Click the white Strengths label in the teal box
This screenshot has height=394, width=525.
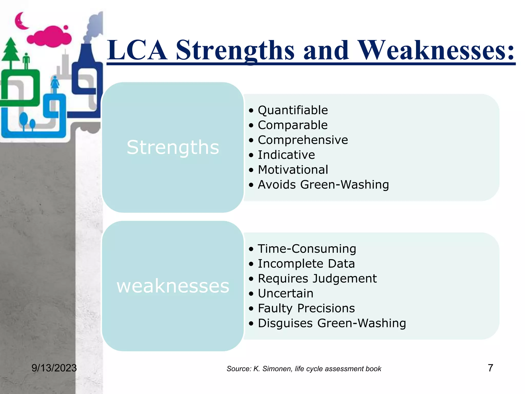pos(173,147)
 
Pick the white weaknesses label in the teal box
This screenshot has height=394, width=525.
pos(173,286)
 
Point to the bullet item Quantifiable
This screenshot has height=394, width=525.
pos(293,110)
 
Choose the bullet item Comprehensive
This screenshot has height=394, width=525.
pos(303,140)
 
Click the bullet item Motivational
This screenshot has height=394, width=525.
pos(293,170)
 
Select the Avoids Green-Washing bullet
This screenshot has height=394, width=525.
pos(323,185)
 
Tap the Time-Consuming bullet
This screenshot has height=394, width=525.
pos(307,249)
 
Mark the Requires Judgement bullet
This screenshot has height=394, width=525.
pos(317,279)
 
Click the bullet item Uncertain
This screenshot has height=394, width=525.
pos(286,293)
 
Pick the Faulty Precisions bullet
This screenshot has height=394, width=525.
pos(306,308)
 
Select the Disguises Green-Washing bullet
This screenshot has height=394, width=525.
pos(332,323)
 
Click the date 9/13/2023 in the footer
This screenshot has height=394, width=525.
pos(54,368)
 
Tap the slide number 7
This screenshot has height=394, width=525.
pos(490,368)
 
